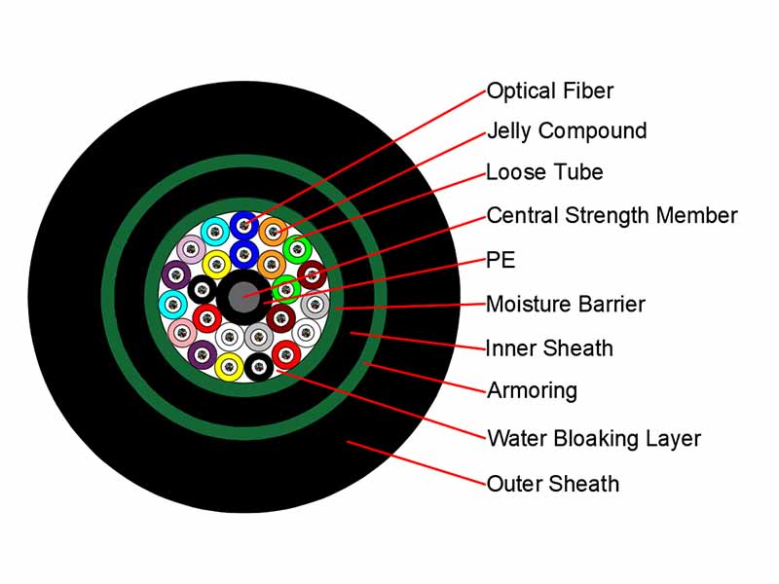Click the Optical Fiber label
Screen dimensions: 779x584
click(550, 91)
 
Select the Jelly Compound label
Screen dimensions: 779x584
click(567, 131)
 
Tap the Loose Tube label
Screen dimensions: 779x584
click(544, 172)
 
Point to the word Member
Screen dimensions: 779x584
click(696, 215)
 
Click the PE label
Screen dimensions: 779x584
click(501, 260)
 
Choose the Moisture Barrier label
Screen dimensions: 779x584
click(566, 304)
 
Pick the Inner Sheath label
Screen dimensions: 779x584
click(549, 348)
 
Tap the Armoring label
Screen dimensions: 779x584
click(532, 391)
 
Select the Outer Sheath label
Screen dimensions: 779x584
click(553, 484)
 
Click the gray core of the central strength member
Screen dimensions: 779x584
click(243, 297)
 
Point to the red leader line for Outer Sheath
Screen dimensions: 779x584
click(417, 462)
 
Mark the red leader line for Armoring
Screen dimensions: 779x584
click(425, 378)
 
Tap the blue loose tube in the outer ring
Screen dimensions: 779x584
click(244, 226)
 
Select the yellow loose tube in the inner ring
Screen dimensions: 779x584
click(216, 264)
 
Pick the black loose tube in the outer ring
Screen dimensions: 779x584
click(258, 367)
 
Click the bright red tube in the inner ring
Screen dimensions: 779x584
click(206, 318)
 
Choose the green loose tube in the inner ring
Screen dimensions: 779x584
click(286, 289)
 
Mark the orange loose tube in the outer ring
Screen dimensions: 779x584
click(273, 232)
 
